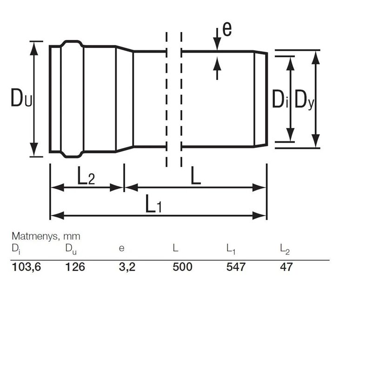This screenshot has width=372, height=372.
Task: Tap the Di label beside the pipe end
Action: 280,100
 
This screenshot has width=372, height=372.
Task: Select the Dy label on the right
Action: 305,100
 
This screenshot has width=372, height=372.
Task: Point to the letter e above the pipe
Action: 227,29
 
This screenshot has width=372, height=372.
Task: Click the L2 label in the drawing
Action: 86,177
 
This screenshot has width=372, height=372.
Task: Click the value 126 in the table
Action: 74,267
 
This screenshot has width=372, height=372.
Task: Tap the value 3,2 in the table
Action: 127,267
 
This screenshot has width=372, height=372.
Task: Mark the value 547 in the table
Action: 235,267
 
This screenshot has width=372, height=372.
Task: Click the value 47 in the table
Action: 286,267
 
